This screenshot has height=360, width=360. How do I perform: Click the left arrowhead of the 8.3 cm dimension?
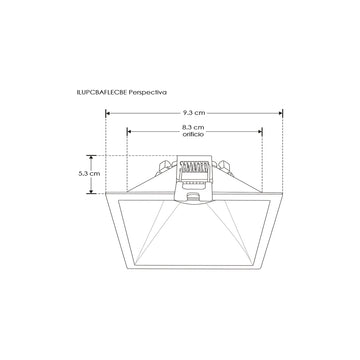tap(127, 128)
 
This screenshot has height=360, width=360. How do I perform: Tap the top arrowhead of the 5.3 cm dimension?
tap(88, 157)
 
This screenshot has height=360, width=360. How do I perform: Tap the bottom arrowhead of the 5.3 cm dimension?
tap(88, 187)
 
